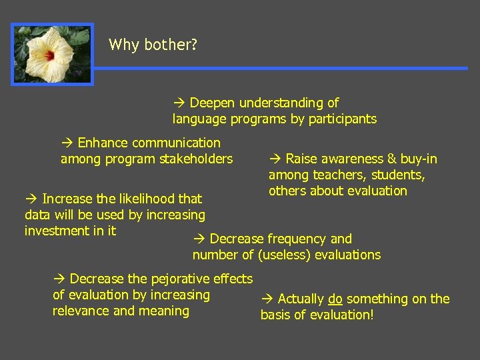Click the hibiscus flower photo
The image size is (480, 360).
(x=53, y=54)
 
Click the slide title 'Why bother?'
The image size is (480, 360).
(x=153, y=45)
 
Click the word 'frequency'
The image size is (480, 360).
(x=297, y=239)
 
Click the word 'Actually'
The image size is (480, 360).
(x=301, y=299)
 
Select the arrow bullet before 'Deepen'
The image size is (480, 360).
(x=178, y=103)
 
